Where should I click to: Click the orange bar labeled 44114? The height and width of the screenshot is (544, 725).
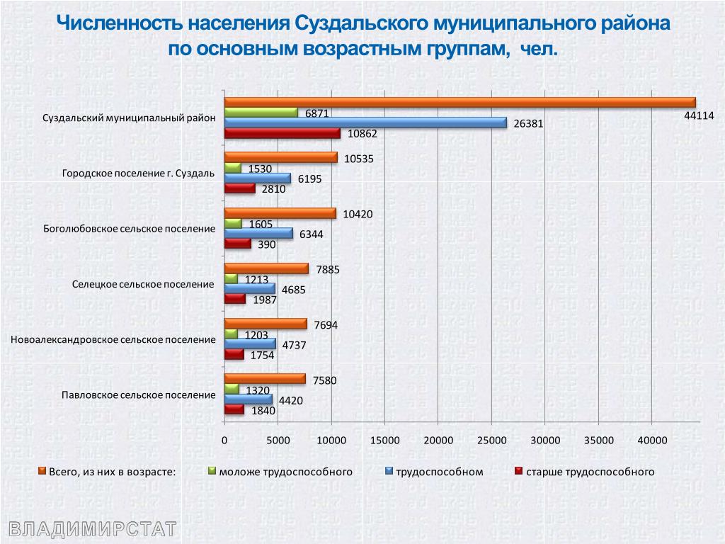(460, 102)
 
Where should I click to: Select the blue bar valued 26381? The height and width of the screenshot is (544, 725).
(365, 123)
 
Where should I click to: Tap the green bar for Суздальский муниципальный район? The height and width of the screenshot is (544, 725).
(261, 112)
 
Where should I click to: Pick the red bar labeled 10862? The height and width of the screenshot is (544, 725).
(282, 133)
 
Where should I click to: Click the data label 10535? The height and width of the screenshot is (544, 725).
(358, 159)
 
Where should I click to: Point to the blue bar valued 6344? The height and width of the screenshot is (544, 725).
(258, 233)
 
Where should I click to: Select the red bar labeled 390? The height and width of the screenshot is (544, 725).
(237, 244)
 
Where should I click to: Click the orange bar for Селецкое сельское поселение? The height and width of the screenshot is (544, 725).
(266, 268)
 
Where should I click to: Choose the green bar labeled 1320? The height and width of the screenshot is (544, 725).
(232, 389)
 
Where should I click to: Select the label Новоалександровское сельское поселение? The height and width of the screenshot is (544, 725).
(113, 339)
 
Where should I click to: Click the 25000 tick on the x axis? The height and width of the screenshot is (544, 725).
(491, 440)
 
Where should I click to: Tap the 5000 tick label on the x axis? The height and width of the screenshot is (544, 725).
(278, 440)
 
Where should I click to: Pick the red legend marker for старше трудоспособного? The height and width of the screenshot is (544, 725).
(518, 470)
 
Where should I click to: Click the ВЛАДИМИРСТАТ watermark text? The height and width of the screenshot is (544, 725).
(92, 528)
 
